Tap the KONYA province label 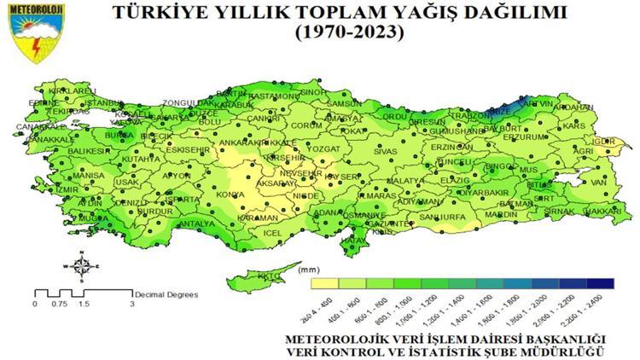coord(229,194)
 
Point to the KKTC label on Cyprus coord(268,276)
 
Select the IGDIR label coord(603,141)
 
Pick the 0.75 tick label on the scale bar coord(58,305)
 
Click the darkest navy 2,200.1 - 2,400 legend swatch coord(600,282)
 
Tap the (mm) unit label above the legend coord(311,270)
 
